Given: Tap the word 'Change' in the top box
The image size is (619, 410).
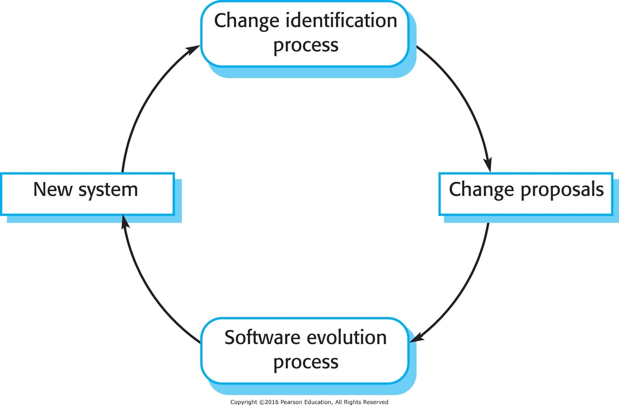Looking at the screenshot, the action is tap(247, 21).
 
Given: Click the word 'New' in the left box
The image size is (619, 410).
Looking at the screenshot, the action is tap(53, 189).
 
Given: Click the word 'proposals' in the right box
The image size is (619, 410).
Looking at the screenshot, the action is tap(562, 191).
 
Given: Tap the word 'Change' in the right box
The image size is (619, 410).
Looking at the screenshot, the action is tap(481, 190).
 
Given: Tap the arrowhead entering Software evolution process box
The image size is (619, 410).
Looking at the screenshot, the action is tap(416, 338).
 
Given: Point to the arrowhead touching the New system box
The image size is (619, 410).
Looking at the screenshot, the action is tap(125, 221).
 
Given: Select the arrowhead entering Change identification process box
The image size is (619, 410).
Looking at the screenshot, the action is tap(192, 50).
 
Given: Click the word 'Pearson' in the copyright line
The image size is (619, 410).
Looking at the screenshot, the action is tap(293, 402).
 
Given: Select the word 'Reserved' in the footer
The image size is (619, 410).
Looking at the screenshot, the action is tap(376, 402).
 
